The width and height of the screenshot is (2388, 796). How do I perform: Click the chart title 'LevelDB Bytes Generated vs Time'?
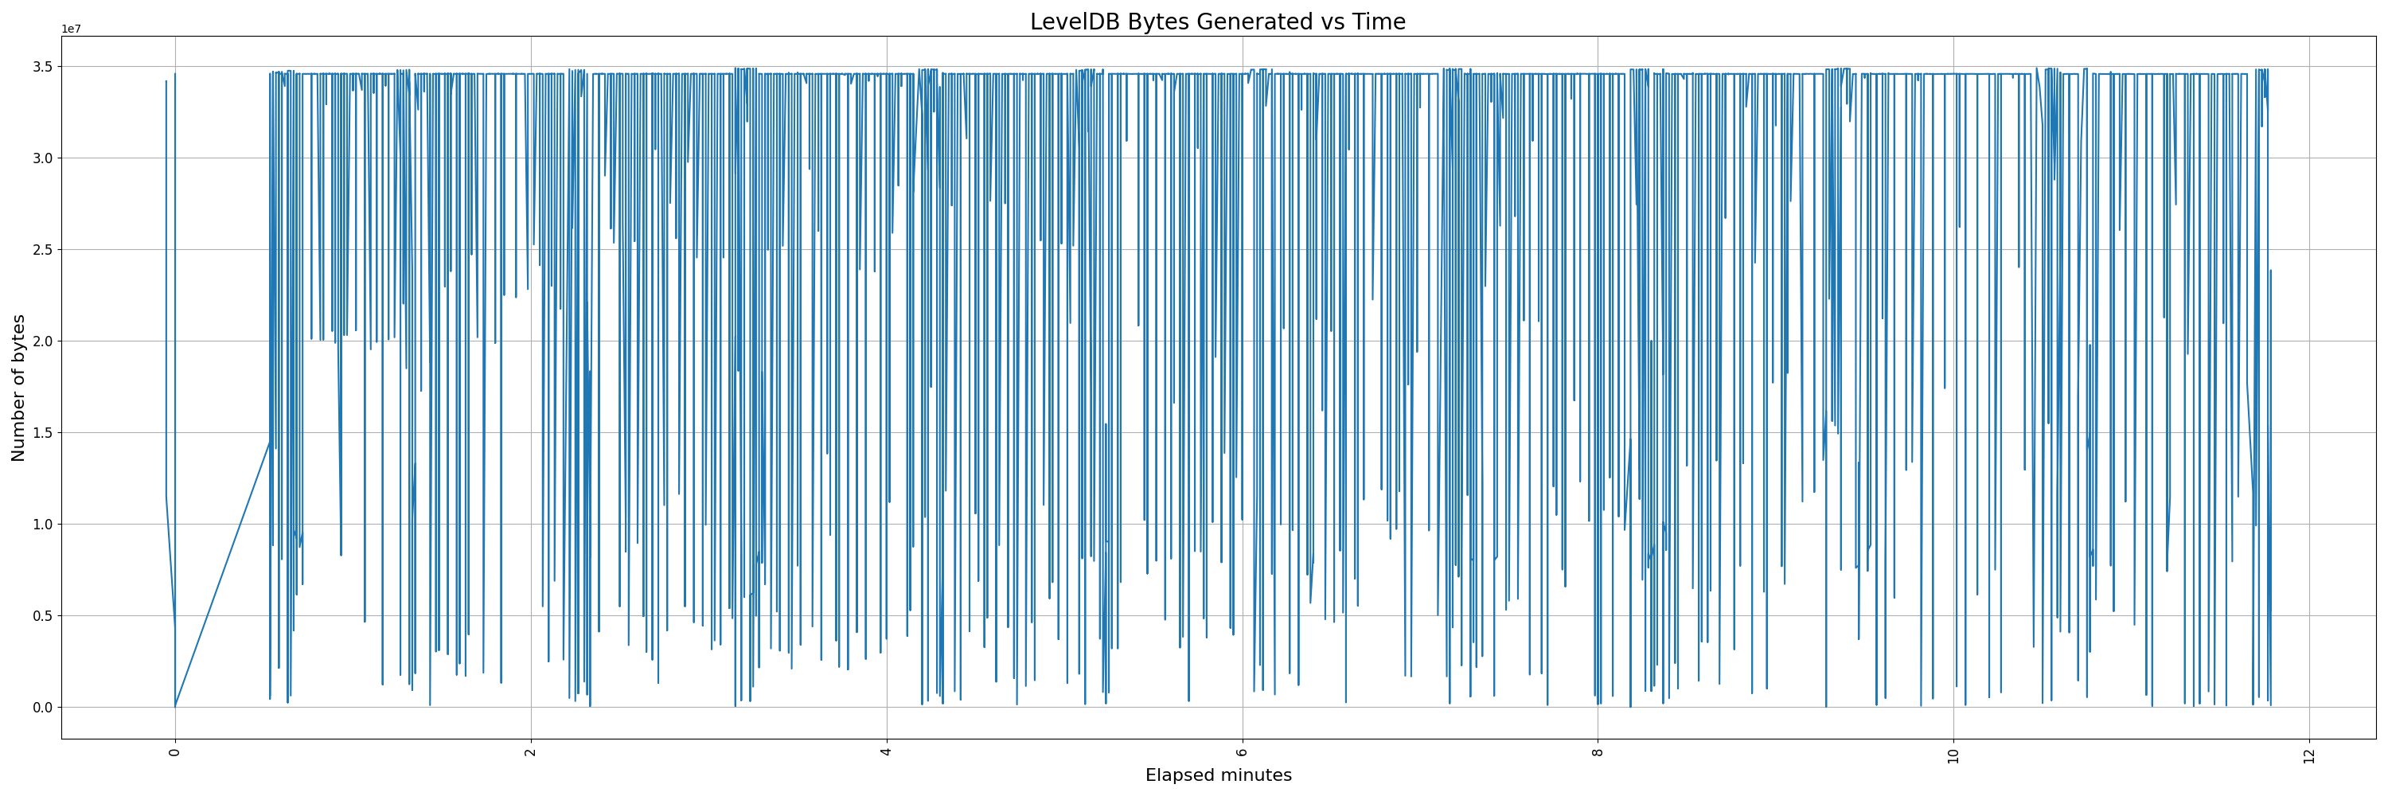pyautogui.click(x=1217, y=21)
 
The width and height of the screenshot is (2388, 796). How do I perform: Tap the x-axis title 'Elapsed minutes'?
pyautogui.click(x=1218, y=775)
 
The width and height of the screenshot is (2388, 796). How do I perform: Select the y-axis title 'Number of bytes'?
pyautogui.click(x=18, y=388)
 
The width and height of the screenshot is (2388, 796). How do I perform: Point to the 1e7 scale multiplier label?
pyautogui.click(x=72, y=29)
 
